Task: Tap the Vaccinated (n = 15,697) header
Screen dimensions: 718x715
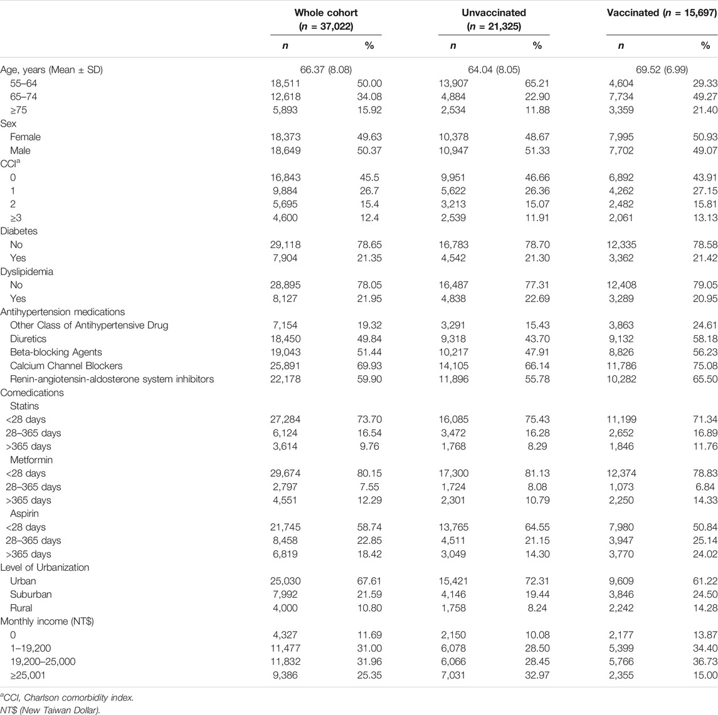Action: (x=662, y=13)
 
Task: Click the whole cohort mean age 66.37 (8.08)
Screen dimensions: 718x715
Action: (x=326, y=70)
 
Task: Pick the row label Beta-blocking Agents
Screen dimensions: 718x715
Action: (x=56, y=352)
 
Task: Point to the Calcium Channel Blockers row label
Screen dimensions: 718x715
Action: (x=66, y=366)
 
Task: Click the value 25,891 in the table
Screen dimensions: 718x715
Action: (x=285, y=366)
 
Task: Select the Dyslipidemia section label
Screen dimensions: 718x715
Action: (x=26, y=272)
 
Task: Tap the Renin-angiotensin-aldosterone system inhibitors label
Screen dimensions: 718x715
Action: (x=112, y=379)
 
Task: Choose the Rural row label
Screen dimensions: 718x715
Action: (x=21, y=608)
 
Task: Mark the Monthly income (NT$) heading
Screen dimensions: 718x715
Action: (x=46, y=621)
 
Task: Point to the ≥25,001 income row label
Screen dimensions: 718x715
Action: (x=28, y=675)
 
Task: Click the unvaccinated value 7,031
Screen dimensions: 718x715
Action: (x=453, y=675)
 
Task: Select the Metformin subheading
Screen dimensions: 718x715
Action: (x=31, y=460)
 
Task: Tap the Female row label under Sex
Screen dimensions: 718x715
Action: (x=25, y=137)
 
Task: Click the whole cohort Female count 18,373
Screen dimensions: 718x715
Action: (x=285, y=137)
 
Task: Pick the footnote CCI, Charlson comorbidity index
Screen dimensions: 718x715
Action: (x=67, y=697)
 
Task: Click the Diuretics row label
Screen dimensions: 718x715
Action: (x=28, y=339)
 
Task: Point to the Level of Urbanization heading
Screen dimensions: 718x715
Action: (x=45, y=568)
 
